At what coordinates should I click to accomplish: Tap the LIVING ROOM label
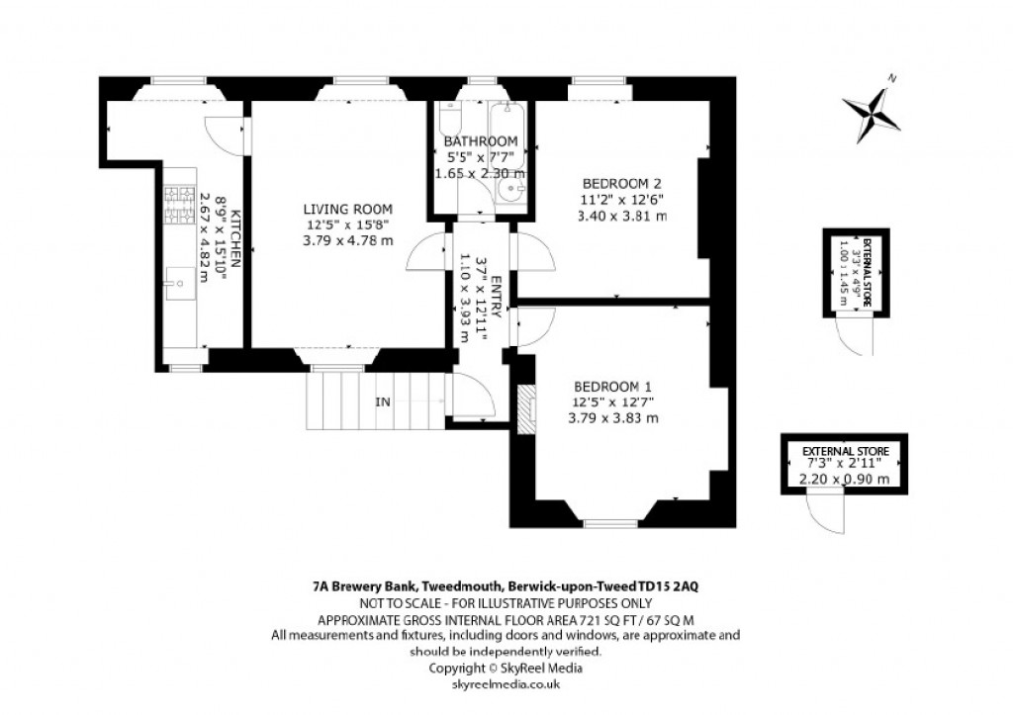tap(347, 209)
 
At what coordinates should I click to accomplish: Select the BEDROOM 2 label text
tap(621, 183)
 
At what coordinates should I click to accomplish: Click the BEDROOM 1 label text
tap(613, 386)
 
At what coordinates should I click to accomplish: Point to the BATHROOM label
tap(481, 141)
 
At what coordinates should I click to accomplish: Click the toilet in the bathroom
tap(449, 120)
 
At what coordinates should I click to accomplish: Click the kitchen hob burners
tap(181, 204)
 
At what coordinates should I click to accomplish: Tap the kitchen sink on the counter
tap(179, 282)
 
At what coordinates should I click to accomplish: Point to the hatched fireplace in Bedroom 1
tap(526, 406)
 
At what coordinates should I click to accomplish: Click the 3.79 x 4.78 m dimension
tap(347, 238)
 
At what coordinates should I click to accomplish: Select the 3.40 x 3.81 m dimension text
tap(621, 215)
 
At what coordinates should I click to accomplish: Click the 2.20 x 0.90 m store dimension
tap(843, 480)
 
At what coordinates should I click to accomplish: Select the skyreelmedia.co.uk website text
tap(505, 683)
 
